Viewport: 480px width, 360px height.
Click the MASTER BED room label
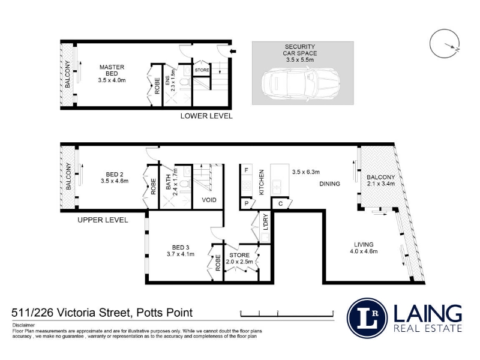(x=112, y=73)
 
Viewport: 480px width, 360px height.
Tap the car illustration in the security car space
(x=301, y=83)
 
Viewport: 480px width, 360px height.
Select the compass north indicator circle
(x=445, y=44)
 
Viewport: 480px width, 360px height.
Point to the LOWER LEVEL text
(x=206, y=116)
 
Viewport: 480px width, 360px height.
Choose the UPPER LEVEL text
(x=103, y=220)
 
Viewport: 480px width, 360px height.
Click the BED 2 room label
(x=115, y=178)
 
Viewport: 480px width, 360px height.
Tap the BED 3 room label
(x=181, y=251)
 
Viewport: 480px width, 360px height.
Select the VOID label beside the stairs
(x=209, y=200)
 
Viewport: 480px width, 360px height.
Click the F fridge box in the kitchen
(x=247, y=170)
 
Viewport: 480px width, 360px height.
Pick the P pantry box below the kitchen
(x=247, y=203)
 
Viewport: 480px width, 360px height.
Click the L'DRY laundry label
(x=265, y=222)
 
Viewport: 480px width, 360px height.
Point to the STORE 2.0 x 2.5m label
(x=239, y=259)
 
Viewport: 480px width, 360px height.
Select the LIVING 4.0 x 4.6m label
(x=364, y=248)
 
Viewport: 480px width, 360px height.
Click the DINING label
(x=329, y=184)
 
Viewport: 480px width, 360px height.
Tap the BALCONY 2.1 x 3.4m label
(x=381, y=181)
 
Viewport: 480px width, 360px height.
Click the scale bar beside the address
(x=287, y=313)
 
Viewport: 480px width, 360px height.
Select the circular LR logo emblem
(x=367, y=318)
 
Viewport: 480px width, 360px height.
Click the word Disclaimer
(x=23, y=325)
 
